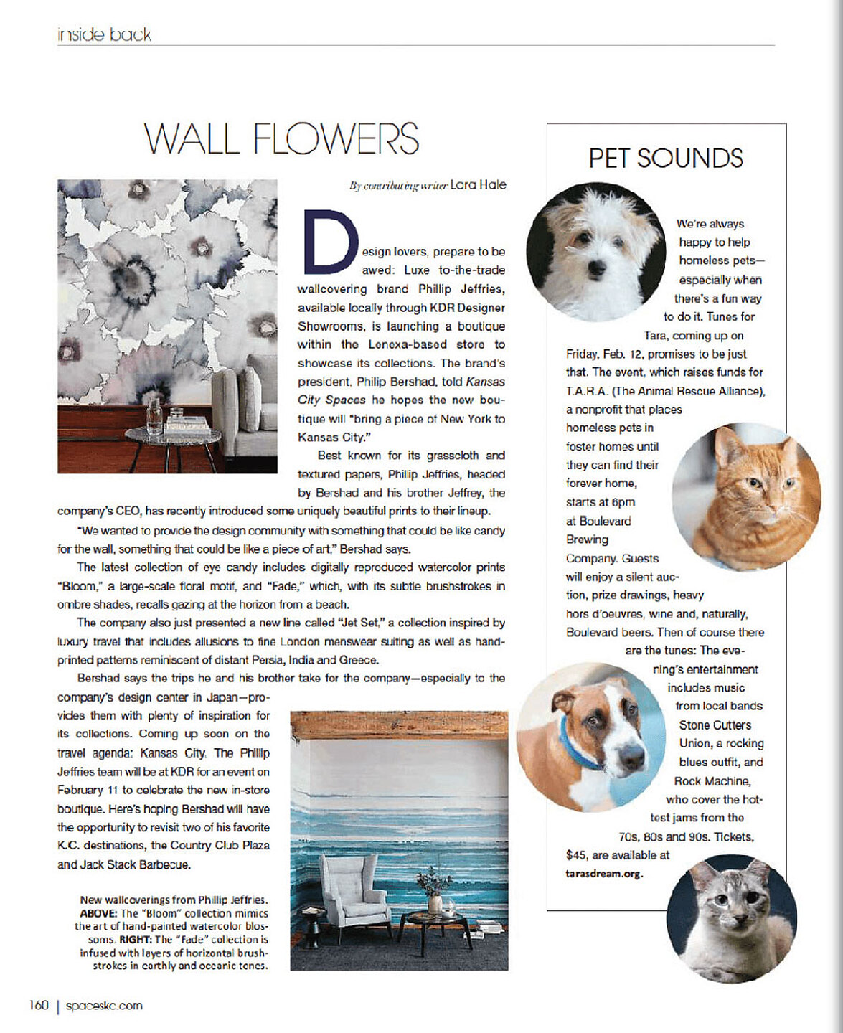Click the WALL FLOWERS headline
tap(281, 138)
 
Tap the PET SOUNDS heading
tap(665, 159)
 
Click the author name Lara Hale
tap(478, 185)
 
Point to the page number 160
tap(39, 1005)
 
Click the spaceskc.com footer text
tap(104, 1006)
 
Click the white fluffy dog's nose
tap(596, 269)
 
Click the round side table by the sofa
tap(173, 435)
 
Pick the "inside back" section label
tap(104, 34)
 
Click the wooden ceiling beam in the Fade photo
tap(399, 725)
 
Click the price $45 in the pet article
tap(577, 855)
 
